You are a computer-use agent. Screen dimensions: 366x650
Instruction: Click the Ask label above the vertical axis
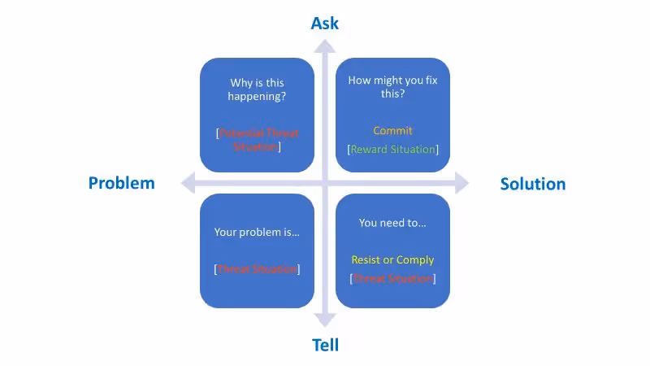pyautogui.click(x=325, y=23)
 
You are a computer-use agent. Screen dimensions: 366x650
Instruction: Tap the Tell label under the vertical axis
pyautogui.click(x=325, y=345)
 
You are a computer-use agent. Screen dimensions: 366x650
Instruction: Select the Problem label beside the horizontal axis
pyautogui.click(x=121, y=183)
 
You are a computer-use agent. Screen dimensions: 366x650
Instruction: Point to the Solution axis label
pyautogui.click(x=533, y=184)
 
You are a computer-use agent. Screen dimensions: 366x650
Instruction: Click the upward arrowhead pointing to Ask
pyautogui.click(x=325, y=47)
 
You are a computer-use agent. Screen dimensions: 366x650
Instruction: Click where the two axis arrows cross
pyautogui.click(x=325, y=183)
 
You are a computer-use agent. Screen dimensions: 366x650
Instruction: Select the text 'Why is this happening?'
pyautogui.click(x=257, y=89)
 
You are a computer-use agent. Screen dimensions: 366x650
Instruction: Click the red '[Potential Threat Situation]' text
pyautogui.click(x=257, y=140)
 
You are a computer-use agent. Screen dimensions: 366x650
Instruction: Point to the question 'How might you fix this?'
pyautogui.click(x=392, y=87)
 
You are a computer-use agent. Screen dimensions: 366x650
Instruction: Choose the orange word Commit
pyautogui.click(x=392, y=130)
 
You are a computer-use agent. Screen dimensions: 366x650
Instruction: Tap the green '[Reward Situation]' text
pyautogui.click(x=392, y=149)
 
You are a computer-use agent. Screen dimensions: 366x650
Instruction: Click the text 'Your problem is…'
pyautogui.click(x=257, y=232)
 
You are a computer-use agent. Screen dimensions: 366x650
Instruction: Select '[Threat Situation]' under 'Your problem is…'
pyautogui.click(x=257, y=268)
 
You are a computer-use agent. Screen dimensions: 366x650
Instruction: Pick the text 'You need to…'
pyautogui.click(x=392, y=222)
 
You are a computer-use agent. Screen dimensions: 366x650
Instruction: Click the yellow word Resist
pyautogui.click(x=366, y=260)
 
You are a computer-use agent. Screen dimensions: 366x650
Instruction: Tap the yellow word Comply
pyautogui.click(x=415, y=260)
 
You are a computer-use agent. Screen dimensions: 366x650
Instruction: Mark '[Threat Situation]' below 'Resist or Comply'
pyautogui.click(x=392, y=278)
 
